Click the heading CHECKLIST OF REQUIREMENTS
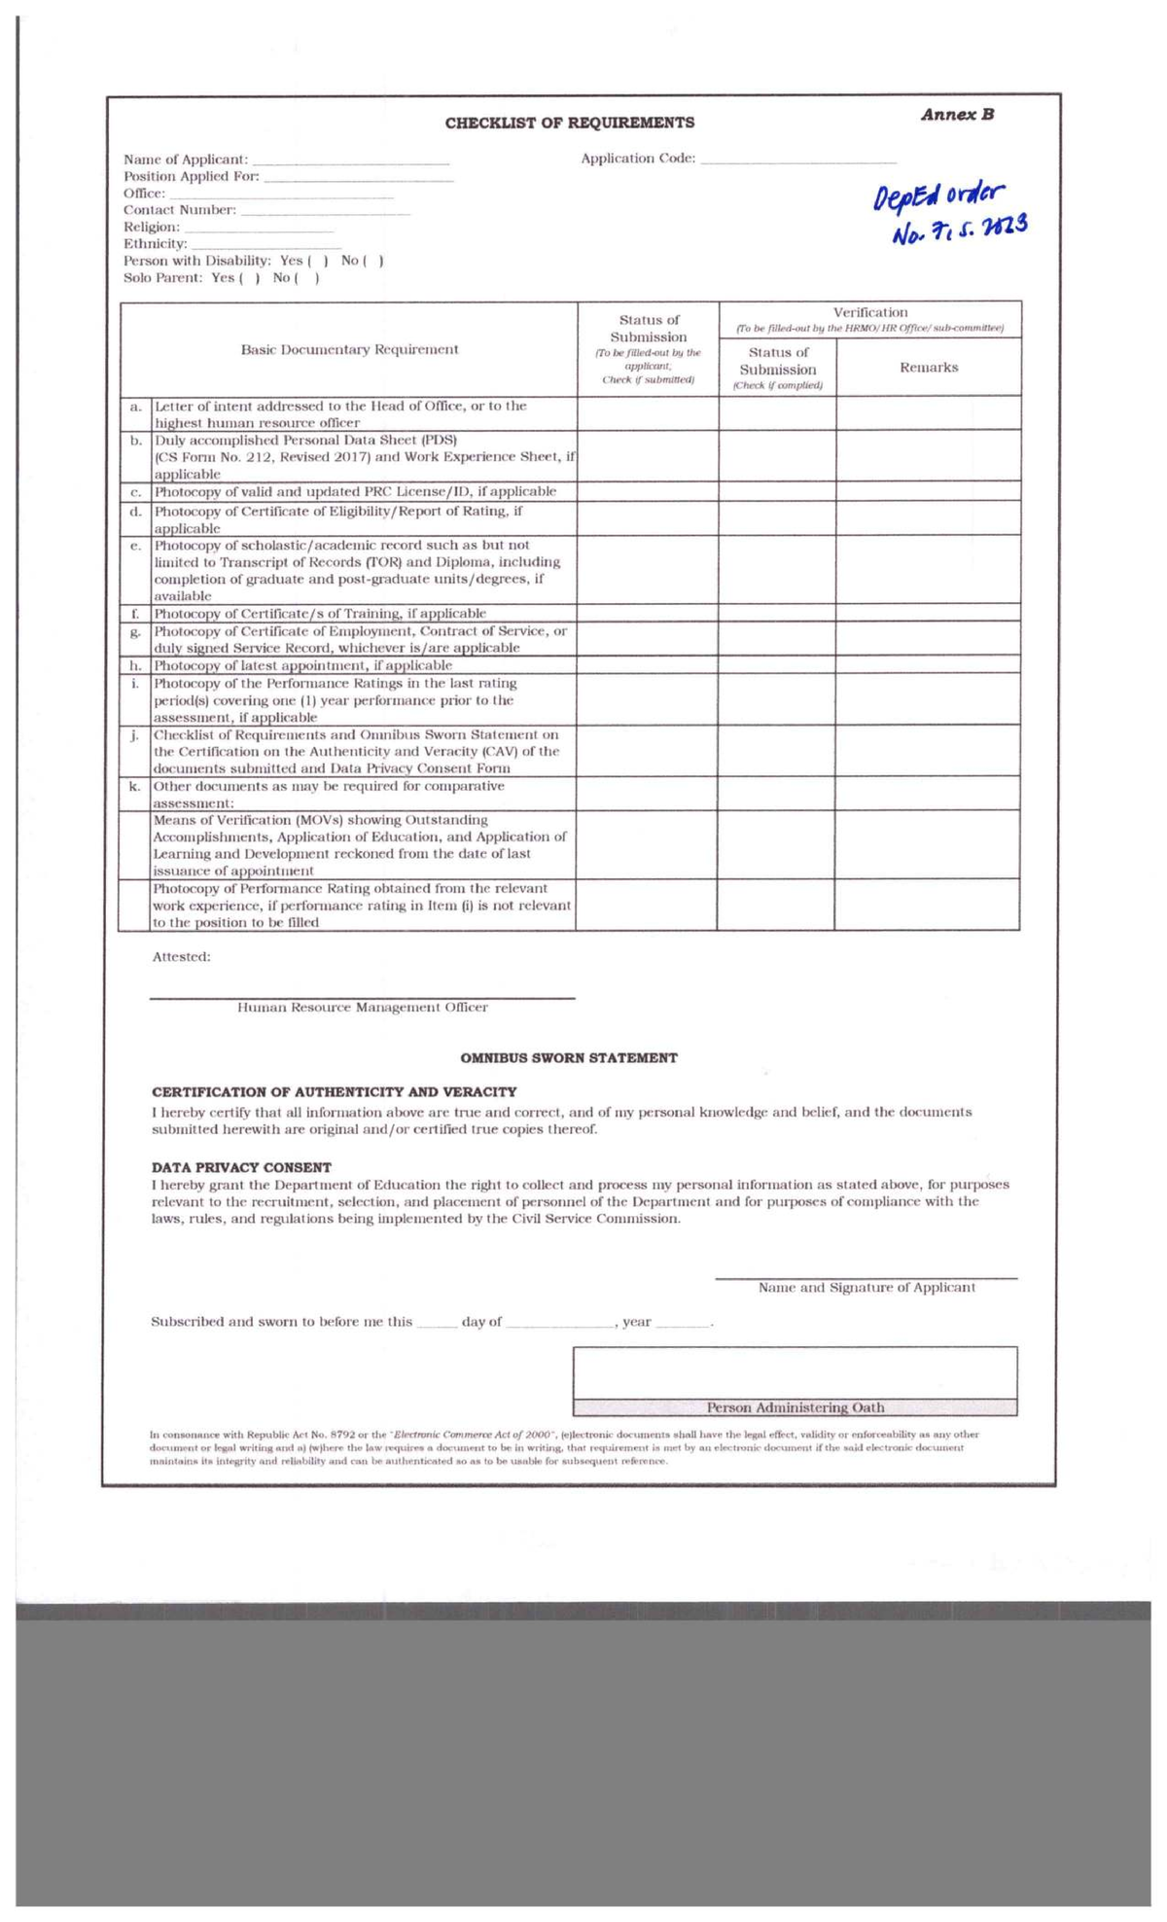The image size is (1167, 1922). pyautogui.click(x=569, y=124)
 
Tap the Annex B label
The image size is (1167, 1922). pyautogui.click(x=957, y=115)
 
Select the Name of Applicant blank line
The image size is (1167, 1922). pyautogui.click(x=351, y=160)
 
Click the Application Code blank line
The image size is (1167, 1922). pyautogui.click(x=797, y=160)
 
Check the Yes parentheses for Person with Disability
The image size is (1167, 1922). pyautogui.click(x=318, y=262)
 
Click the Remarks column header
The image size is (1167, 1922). pyautogui.click(x=928, y=368)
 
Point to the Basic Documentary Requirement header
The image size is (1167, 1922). pyautogui.click(x=349, y=350)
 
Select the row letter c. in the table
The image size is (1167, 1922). pyautogui.click(x=137, y=492)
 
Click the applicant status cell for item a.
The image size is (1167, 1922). pyautogui.click(x=648, y=414)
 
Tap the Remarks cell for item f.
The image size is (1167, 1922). pyautogui.click(x=928, y=614)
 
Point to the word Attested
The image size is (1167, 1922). pyautogui.click(x=181, y=957)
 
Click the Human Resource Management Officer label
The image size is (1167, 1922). pyautogui.click(x=363, y=1008)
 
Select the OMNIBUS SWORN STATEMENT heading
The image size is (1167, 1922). pyautogui.click(x=569, y=1058)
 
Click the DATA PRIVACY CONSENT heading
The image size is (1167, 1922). pyautogui.click(x=241, y=1167)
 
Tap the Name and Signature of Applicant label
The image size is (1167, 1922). pyautogui.click(x=866, y=1288)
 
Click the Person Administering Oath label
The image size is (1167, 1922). pyautogui.click(x=795, y=1407)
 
